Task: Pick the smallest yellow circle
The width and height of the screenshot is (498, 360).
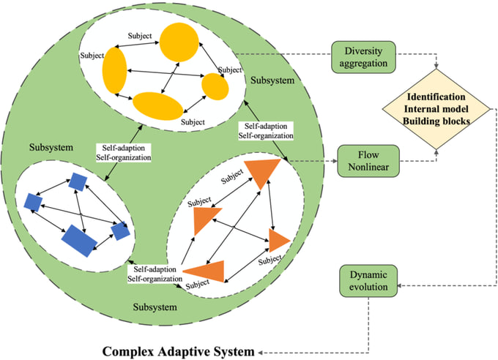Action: (x=215, y=86)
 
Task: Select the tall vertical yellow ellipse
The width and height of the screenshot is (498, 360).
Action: (x=116, y=71)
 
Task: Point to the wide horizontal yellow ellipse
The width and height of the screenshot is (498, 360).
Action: (x=157, y=105)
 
